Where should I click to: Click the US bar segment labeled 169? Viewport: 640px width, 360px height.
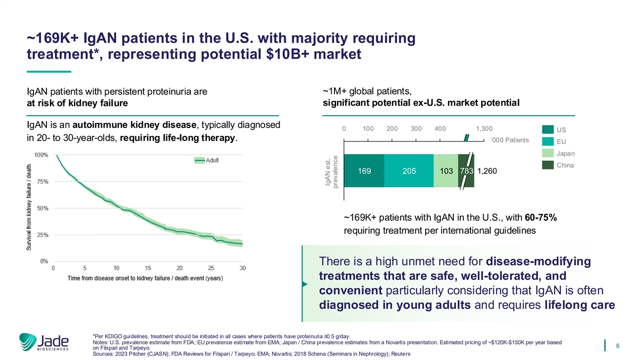(365, 171)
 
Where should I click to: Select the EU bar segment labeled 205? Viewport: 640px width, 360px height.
(409, 171)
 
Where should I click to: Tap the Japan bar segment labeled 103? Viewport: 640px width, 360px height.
(446, 171)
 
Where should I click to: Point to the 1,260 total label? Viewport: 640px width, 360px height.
(487, 171)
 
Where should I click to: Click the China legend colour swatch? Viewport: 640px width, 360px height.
(548, 165)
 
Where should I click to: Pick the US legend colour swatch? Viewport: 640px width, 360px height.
(548, 130)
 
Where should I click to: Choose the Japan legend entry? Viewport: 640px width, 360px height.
(565, 154)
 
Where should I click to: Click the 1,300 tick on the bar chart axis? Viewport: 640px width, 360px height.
(484, 129)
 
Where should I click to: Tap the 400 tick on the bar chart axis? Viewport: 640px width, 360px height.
(440, 129)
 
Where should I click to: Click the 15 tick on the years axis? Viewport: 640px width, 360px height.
(148, 268)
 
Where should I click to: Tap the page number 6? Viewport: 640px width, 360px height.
(617, 346)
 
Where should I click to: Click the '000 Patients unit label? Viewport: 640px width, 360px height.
(509, 140)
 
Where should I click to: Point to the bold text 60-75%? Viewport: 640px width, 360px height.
(541, 218)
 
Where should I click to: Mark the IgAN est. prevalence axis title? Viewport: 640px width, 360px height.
(331, 171)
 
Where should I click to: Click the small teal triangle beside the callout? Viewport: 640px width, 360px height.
(305, 284)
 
